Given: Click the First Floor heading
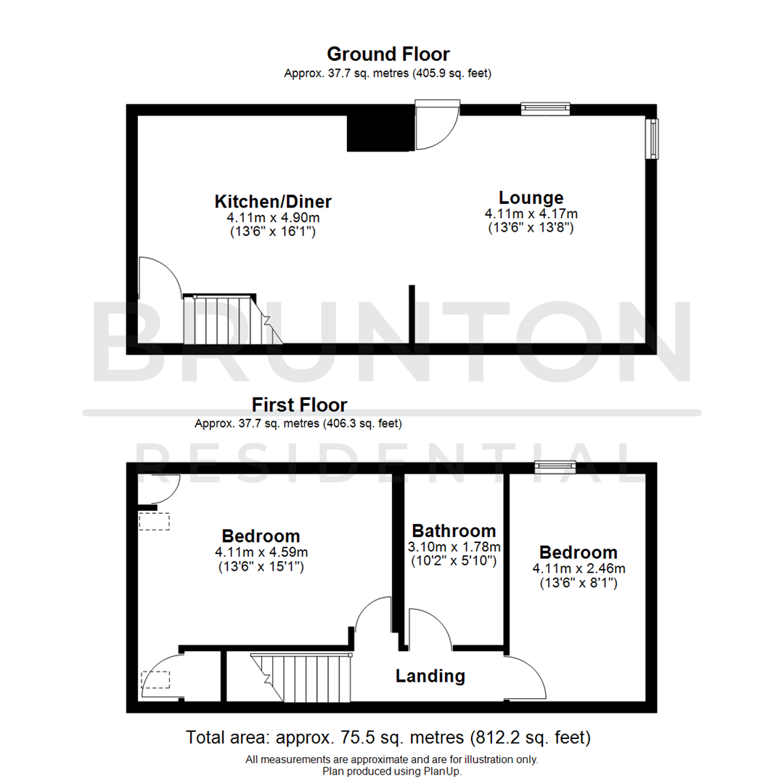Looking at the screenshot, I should tap(299, 404).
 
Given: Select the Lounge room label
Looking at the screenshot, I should tap(531, 197).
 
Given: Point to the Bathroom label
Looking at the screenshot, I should tap(454, 531).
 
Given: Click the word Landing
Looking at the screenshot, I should tap(430, 676).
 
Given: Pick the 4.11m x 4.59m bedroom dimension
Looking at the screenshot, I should tap(261, 552).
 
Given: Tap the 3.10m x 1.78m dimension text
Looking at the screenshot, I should tap(454, 547).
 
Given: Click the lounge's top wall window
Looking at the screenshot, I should tap(545, 110).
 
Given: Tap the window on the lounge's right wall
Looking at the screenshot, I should tap(654, 137).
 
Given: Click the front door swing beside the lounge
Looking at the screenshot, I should tap(436, 128).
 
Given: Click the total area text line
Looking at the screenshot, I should tap(388, 738).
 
